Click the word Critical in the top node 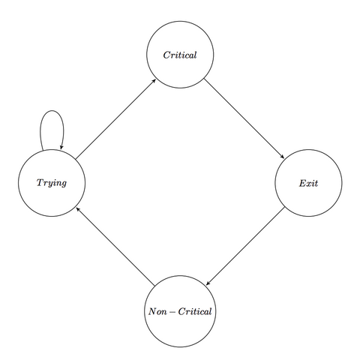(x=180, y=55)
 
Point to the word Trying (x=52, y=183)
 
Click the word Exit (x=308, y=183)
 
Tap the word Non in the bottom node (x=157, y=311)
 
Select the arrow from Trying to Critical (x=115, y=119)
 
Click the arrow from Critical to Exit (x=244, y=118)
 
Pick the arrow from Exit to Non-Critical (x=245, y=246)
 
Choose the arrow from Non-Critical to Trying (x=115, y=246)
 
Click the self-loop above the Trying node (x=52, y=110)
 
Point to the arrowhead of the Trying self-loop (x=61, y=148)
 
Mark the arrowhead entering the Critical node (x=154, y=81)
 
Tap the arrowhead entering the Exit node (x=283, y=157)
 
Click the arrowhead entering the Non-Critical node (x=208, y=283)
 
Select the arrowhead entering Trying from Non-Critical (x=78, y=209)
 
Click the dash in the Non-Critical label (x=172, y=312)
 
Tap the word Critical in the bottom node (x=195, y=311)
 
